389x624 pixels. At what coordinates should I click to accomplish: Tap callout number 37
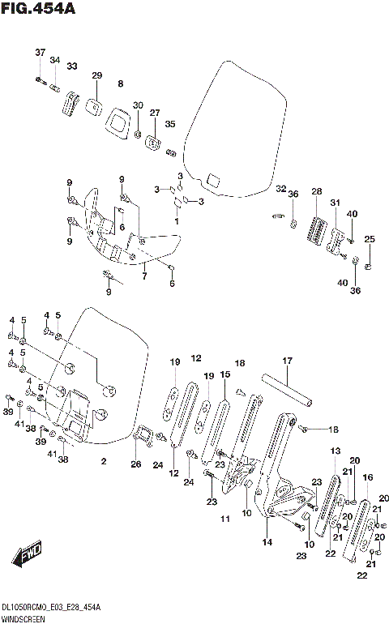40,53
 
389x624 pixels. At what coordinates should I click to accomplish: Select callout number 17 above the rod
286,361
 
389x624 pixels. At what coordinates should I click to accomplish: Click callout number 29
96,75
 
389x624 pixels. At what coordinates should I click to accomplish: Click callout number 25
370,239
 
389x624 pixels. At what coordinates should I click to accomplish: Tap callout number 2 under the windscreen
103,461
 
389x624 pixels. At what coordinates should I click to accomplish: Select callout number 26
135,464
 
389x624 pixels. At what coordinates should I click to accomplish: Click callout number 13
335,451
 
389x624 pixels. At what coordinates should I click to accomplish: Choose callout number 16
367,478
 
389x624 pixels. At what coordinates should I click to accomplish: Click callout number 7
143,276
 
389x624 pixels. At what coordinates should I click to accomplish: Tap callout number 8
121,83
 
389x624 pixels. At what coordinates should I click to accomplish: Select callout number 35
170,124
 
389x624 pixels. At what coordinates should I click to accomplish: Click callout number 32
280,190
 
